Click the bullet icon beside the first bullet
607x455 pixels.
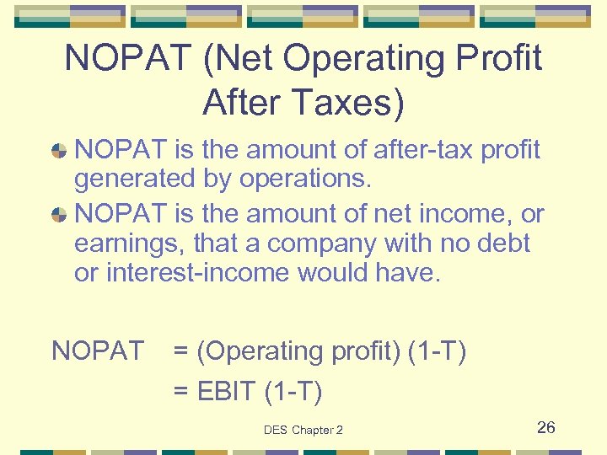pos(60,151)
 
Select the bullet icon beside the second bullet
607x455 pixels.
pos(60,215)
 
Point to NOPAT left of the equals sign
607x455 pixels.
pos(98,351)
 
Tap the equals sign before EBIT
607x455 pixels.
pos(181,392)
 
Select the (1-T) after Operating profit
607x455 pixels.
pos(437,351)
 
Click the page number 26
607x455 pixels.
pos(546,427)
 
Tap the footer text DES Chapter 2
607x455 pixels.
pos(303,431)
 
